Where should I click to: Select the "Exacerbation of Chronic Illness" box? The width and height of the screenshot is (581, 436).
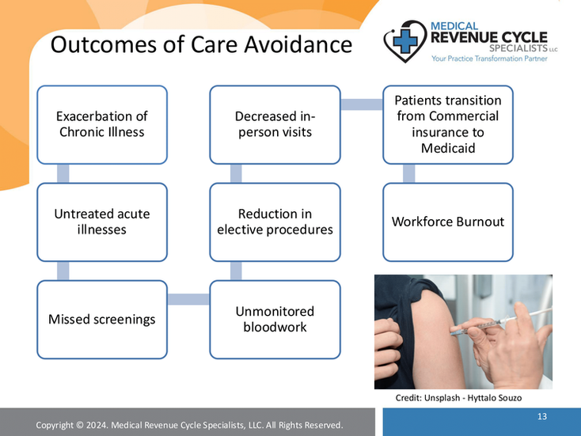click(x=102, y=124)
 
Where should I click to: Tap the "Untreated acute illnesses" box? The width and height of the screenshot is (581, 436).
click(x=102, y=222)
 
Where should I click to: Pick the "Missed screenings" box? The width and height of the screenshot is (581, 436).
click(x=102, y=320)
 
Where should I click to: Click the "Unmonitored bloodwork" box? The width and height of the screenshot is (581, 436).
click(x=275, y=320)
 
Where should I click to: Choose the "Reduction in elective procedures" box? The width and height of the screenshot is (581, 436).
click(x=275, y=222)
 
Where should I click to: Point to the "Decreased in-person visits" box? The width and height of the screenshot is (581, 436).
click(x=275, y=124)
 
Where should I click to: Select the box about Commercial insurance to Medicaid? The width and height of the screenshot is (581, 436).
click(x=448, y=124)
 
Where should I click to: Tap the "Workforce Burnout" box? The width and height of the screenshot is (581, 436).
click(x=448, y=222)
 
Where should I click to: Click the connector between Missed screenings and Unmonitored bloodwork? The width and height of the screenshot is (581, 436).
click(x=188, y=298)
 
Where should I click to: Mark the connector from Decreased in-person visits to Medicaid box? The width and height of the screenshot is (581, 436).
click(x=361, y=104)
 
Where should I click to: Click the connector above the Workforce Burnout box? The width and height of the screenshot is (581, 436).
click(x=409, y=173)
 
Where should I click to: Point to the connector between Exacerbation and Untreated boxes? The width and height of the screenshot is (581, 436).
click(x=63, y=173)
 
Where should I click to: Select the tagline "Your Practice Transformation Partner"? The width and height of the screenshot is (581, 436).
click(x=483, y=59)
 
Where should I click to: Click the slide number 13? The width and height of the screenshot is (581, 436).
click(x=542, y=416)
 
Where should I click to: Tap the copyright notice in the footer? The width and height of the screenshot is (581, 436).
click(x=189, y=426)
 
